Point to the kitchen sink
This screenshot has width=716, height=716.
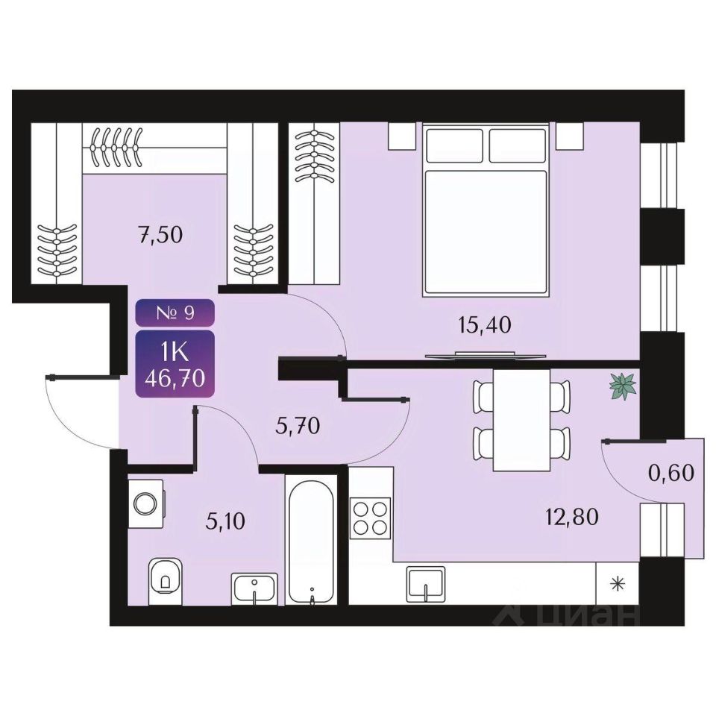tap(426, 583)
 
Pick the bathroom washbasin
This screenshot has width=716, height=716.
tap(255, 588)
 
